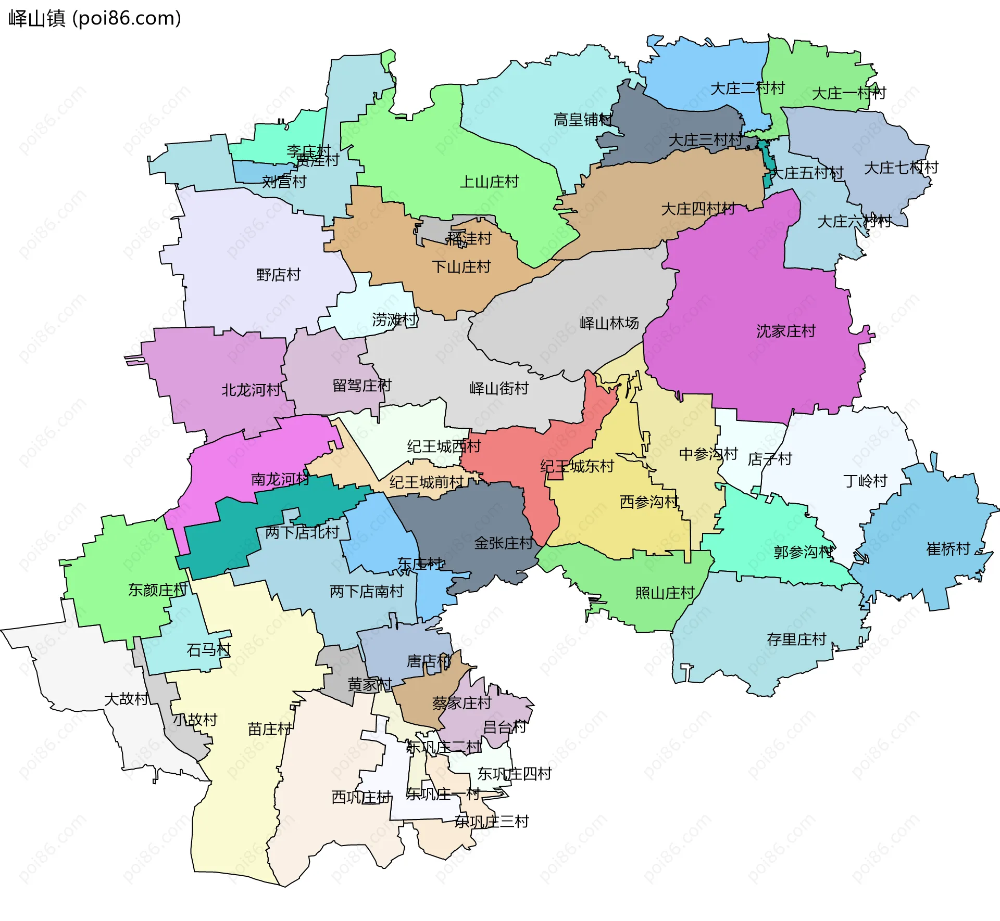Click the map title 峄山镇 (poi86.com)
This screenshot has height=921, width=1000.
95,18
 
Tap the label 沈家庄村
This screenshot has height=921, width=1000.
785,331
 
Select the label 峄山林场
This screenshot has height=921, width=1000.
609,323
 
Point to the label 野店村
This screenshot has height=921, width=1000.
278,274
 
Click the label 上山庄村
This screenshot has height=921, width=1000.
489,182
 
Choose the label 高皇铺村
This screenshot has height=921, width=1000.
582,120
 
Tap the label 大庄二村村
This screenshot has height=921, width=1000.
747,88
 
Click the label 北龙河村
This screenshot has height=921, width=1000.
251,390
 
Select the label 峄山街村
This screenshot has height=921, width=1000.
498,388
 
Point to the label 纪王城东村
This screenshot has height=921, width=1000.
577,466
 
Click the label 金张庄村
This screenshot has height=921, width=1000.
503,543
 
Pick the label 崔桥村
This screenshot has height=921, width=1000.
948,549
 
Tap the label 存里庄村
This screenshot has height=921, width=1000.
796,639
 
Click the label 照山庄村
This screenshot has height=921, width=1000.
665,593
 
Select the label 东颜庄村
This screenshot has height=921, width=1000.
157,590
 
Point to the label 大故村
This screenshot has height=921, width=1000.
126,699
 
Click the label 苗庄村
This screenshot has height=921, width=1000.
269,729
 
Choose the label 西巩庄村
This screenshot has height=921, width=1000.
361,797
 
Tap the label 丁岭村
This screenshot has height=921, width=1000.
865,481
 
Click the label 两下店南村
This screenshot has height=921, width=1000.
366,591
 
